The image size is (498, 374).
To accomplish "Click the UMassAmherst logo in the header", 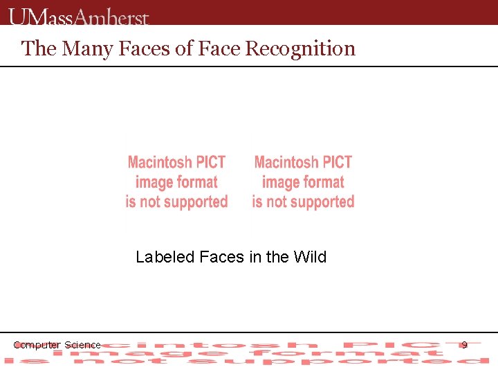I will (x=79, y=15).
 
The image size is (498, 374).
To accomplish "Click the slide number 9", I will (x=464, y=344).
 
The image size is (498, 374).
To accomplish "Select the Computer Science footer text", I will (x=57, y=345).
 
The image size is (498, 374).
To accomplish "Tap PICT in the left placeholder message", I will (x=210, y=163).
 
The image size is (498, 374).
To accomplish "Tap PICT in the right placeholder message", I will (x=337, y=163).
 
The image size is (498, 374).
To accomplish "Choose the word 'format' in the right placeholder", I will (x=322, y=183).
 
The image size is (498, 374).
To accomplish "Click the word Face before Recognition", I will (x=220, y=48).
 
